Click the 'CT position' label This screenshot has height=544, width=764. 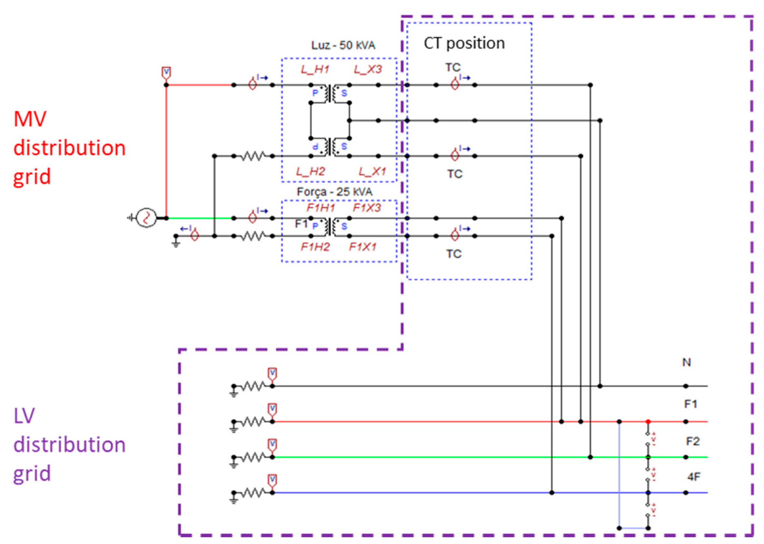point(464,43)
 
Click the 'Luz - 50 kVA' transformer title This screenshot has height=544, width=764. point(343,45)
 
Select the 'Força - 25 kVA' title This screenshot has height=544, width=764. point(334,192)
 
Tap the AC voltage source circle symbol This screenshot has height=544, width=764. point(146,218)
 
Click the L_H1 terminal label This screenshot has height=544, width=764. point(315,69)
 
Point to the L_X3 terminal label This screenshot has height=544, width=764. point(368,69)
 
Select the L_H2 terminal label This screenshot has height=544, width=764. point(310,172)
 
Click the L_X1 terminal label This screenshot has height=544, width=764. point(372,172)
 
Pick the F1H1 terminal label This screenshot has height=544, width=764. point(320,208)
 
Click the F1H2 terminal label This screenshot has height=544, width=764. point(315,247)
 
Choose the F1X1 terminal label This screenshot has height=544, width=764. point(362,247)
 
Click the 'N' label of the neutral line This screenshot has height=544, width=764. point(686,362)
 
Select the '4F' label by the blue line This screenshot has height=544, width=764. point(693,476)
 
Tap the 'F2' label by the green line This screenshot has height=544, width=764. point(692,441)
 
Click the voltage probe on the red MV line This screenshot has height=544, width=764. point(166,73)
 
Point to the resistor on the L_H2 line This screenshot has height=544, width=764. point(253,156)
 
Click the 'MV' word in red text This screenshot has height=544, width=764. point(30,119)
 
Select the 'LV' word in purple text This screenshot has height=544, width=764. point(24,416)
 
